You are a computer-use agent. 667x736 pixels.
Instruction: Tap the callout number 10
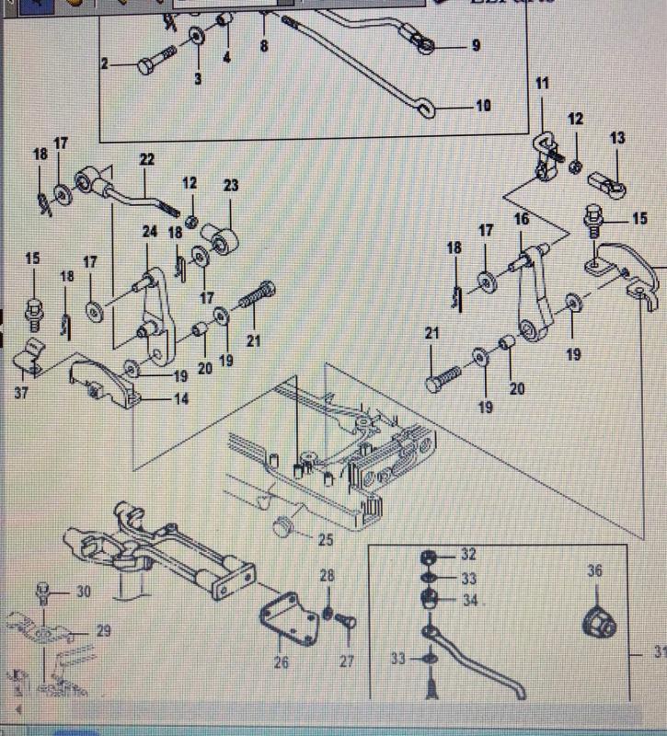483,106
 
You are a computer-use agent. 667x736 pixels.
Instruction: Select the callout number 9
476,44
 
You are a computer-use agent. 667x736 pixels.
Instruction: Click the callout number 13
616,138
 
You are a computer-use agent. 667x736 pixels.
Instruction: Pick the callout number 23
230,186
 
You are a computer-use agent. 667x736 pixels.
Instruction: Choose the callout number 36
594,571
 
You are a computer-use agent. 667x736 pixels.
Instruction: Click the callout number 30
84,592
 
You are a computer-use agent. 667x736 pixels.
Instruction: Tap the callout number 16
522,219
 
